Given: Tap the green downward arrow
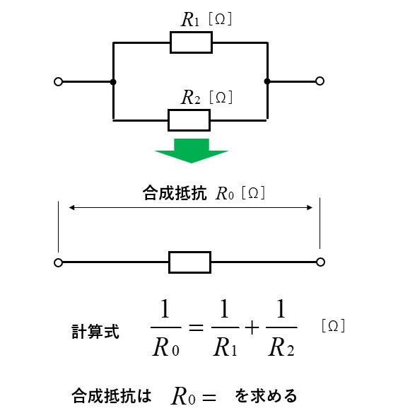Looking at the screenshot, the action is coord(192,151).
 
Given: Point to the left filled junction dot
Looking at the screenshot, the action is coord(113,82).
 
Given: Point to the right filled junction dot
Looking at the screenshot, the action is coord(267,81).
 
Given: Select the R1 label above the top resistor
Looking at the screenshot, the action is coord(190,20).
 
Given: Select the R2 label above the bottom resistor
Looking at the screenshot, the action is coord(190,97).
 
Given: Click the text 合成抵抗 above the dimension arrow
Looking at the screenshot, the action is coord(175,193).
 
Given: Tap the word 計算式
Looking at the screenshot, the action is coord(95,332).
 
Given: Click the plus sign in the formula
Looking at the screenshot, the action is coord(252,327).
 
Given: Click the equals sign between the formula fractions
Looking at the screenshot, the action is coord(196,327).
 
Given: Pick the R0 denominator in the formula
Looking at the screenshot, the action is coord(165,347).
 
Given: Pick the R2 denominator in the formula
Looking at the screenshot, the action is coord(281,347).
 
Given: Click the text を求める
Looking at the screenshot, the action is coord(266,395).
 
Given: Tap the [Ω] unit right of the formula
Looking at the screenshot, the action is coord(333,326).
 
